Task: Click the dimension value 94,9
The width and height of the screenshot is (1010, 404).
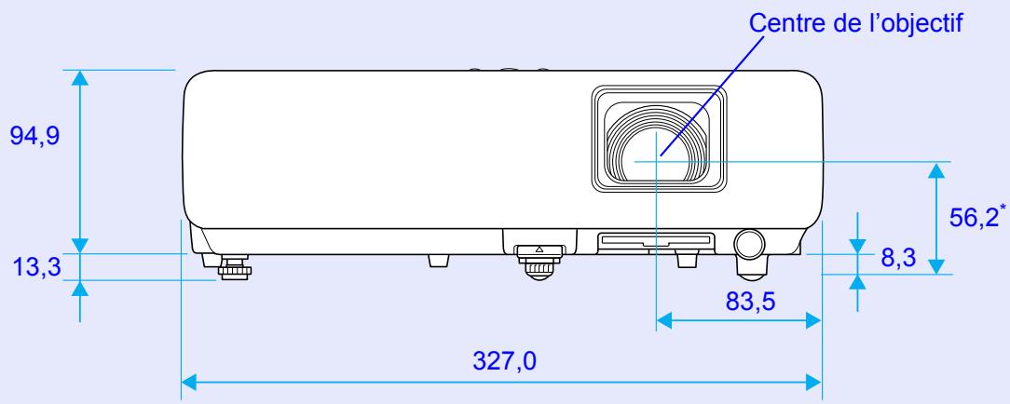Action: click(x=34, y=136)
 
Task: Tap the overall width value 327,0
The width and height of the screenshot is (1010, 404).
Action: click(x=504, y=361)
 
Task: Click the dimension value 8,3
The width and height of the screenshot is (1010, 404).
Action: click(x=898, y=259)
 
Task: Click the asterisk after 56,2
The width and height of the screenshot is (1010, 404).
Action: click(x=1002, y=209)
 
